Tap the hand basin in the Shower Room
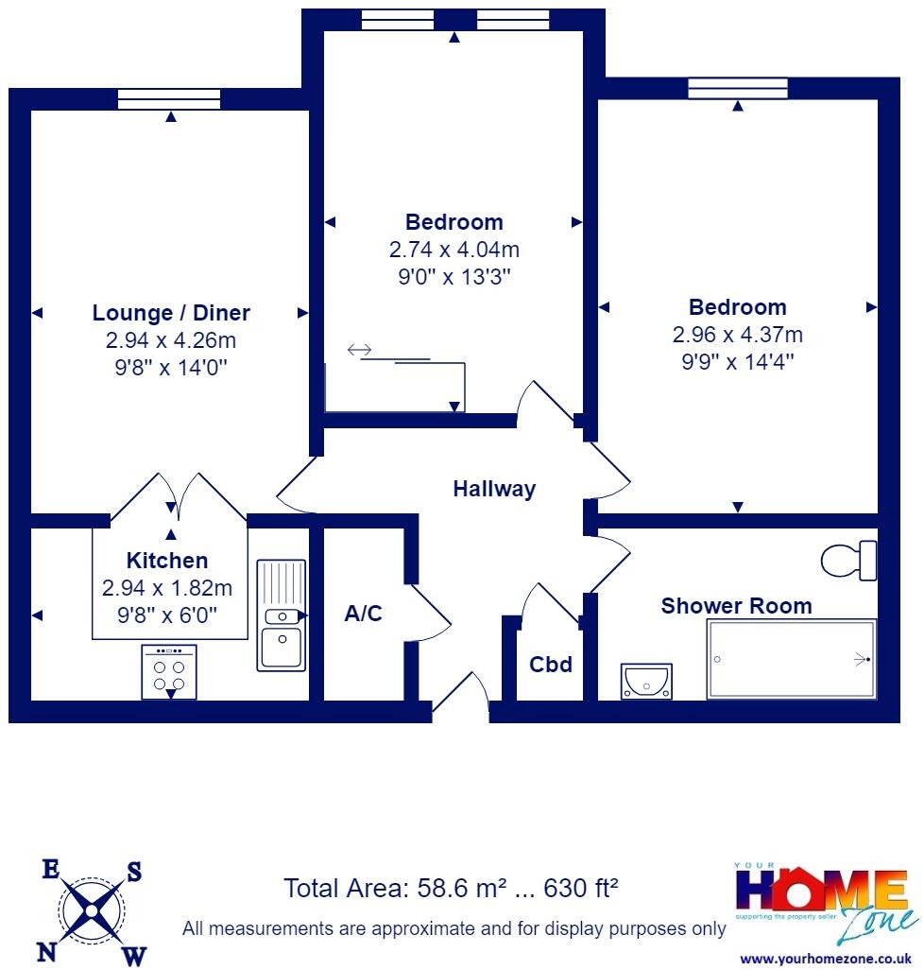coord(646,681)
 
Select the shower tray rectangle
coord(792,660)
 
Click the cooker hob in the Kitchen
coord(169,672)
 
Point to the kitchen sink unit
coord(282,615)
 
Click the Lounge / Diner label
coord(171,313)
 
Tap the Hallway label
coord(493,489)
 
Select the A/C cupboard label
coord(363,615)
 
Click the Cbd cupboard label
coord(550,665)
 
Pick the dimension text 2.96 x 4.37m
coord(737,335)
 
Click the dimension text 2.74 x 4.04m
coord(453,250)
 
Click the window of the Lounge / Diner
coord(169,99)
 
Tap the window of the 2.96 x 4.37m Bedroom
coord(737,89)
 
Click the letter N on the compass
coord(48,950)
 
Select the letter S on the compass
coord(134,873)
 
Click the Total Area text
coord(451,889)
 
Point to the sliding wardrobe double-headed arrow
coord(359,351)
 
